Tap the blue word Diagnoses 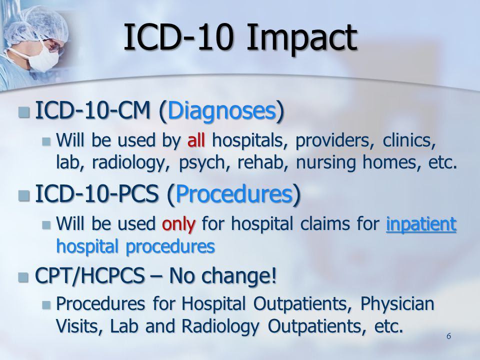pyautogui.click(x=221, y=111)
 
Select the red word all pyautogui.click(x=196, y=140)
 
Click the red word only pyautogui.click(x=178, y=224)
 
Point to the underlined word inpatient pyautogui.click(x=421, y=224)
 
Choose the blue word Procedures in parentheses pyautogui.click(x=234, y=194)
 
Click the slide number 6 pyautogui.click(x=449, y=336)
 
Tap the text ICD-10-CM pyautogui.click(x=93, y=110)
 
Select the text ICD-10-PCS pyautogui.click(x=96, y=194)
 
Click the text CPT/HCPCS pyautogui.click(x=89, y=275)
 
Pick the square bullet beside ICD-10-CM pyautogui.click(x=24, y=112)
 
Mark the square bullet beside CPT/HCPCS pyautogui.click(x=24, y=277)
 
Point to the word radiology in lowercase pyautogui.click(x=128, y=163)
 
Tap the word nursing pyautogui.click(x=325, y=163)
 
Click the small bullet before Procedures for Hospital pyautogui.click(x=46, y=305)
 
